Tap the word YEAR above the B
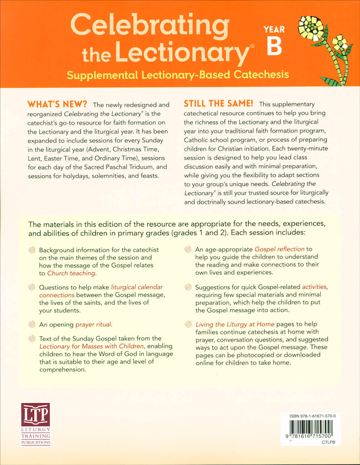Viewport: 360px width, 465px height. click(274, 30)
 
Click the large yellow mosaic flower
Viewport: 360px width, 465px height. click(311, 28)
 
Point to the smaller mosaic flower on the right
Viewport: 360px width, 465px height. click(340, 44)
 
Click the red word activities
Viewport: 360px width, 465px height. click(315, 287)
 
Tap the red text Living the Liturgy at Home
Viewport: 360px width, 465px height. click(235, 325)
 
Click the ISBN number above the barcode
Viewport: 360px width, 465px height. click(309, 416)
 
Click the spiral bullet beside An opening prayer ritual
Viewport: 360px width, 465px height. click(31, 325)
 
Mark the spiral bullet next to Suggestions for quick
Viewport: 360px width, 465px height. click(188, 287)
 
